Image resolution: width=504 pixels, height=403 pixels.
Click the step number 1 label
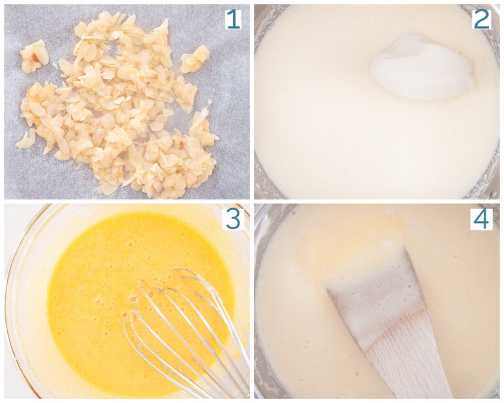[x=233, y=18]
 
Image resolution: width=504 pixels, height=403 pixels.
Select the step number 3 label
[x=234, y=219]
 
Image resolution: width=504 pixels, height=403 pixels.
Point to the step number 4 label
[x=482, y=219]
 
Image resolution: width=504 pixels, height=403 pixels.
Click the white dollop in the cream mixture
[x=422, y=68]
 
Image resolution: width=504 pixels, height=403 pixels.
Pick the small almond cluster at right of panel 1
[x=195, y=58]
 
